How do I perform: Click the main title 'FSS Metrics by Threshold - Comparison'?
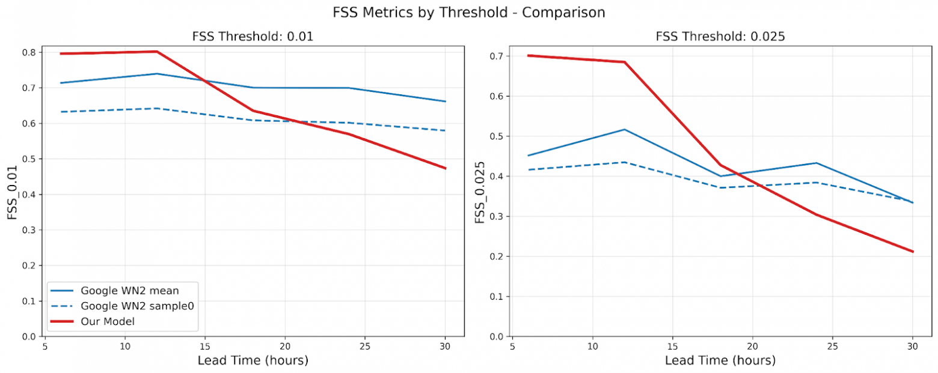point(468,12)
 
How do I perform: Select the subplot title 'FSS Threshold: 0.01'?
point(253,37)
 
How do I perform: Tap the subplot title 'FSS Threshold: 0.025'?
point(720,37)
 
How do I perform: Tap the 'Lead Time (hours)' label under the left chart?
point(253,360)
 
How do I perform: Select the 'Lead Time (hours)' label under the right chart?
point(720,360)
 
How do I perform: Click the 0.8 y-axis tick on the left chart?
point(28,52)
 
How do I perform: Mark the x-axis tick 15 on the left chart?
point(205,347)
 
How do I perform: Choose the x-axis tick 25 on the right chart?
point(833,347)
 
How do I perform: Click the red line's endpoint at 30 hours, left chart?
point(446,168)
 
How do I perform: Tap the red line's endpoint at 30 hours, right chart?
point(913,252)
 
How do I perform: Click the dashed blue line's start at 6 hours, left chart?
point(61,112)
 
